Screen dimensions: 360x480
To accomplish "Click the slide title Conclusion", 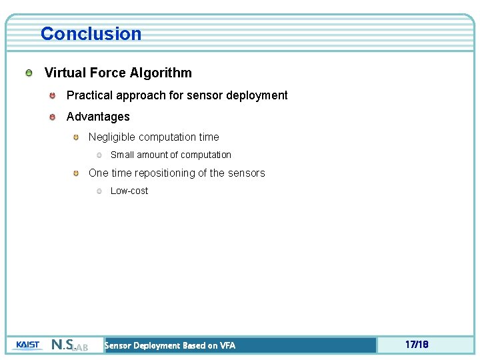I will tap(91, 33).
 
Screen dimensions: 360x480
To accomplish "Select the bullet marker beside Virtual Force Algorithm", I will tap(29, 73).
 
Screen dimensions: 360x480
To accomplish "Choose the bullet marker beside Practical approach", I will tap(52, 95).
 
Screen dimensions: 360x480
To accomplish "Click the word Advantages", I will tap(98, 117).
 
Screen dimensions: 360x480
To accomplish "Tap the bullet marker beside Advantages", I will tap(52, 117).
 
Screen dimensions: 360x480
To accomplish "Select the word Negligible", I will tap(112, 137).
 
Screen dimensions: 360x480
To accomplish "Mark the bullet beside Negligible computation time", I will tap(77, 137).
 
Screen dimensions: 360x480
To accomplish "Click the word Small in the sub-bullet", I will tap(122, 155).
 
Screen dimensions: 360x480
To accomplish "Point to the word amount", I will tap(152, 155).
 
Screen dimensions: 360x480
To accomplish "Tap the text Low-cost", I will tap(129, 191).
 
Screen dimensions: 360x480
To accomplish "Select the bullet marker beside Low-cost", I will tap(99, 191).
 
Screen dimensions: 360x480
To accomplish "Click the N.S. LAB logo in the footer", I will tap(69, 345).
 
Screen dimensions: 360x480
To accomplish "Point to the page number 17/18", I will tap(417, 345).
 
